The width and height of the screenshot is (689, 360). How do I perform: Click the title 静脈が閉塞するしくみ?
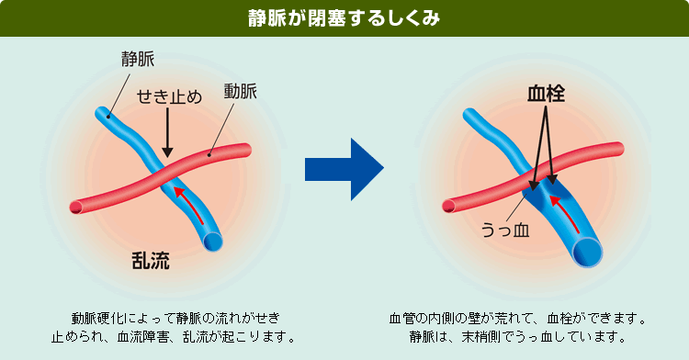(x=344, y=18)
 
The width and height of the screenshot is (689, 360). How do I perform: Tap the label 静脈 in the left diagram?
(x=137, y=60)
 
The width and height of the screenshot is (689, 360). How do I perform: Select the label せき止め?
(x=168, y=98)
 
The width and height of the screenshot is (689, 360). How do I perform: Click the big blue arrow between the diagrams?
(x=344, y=169)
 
